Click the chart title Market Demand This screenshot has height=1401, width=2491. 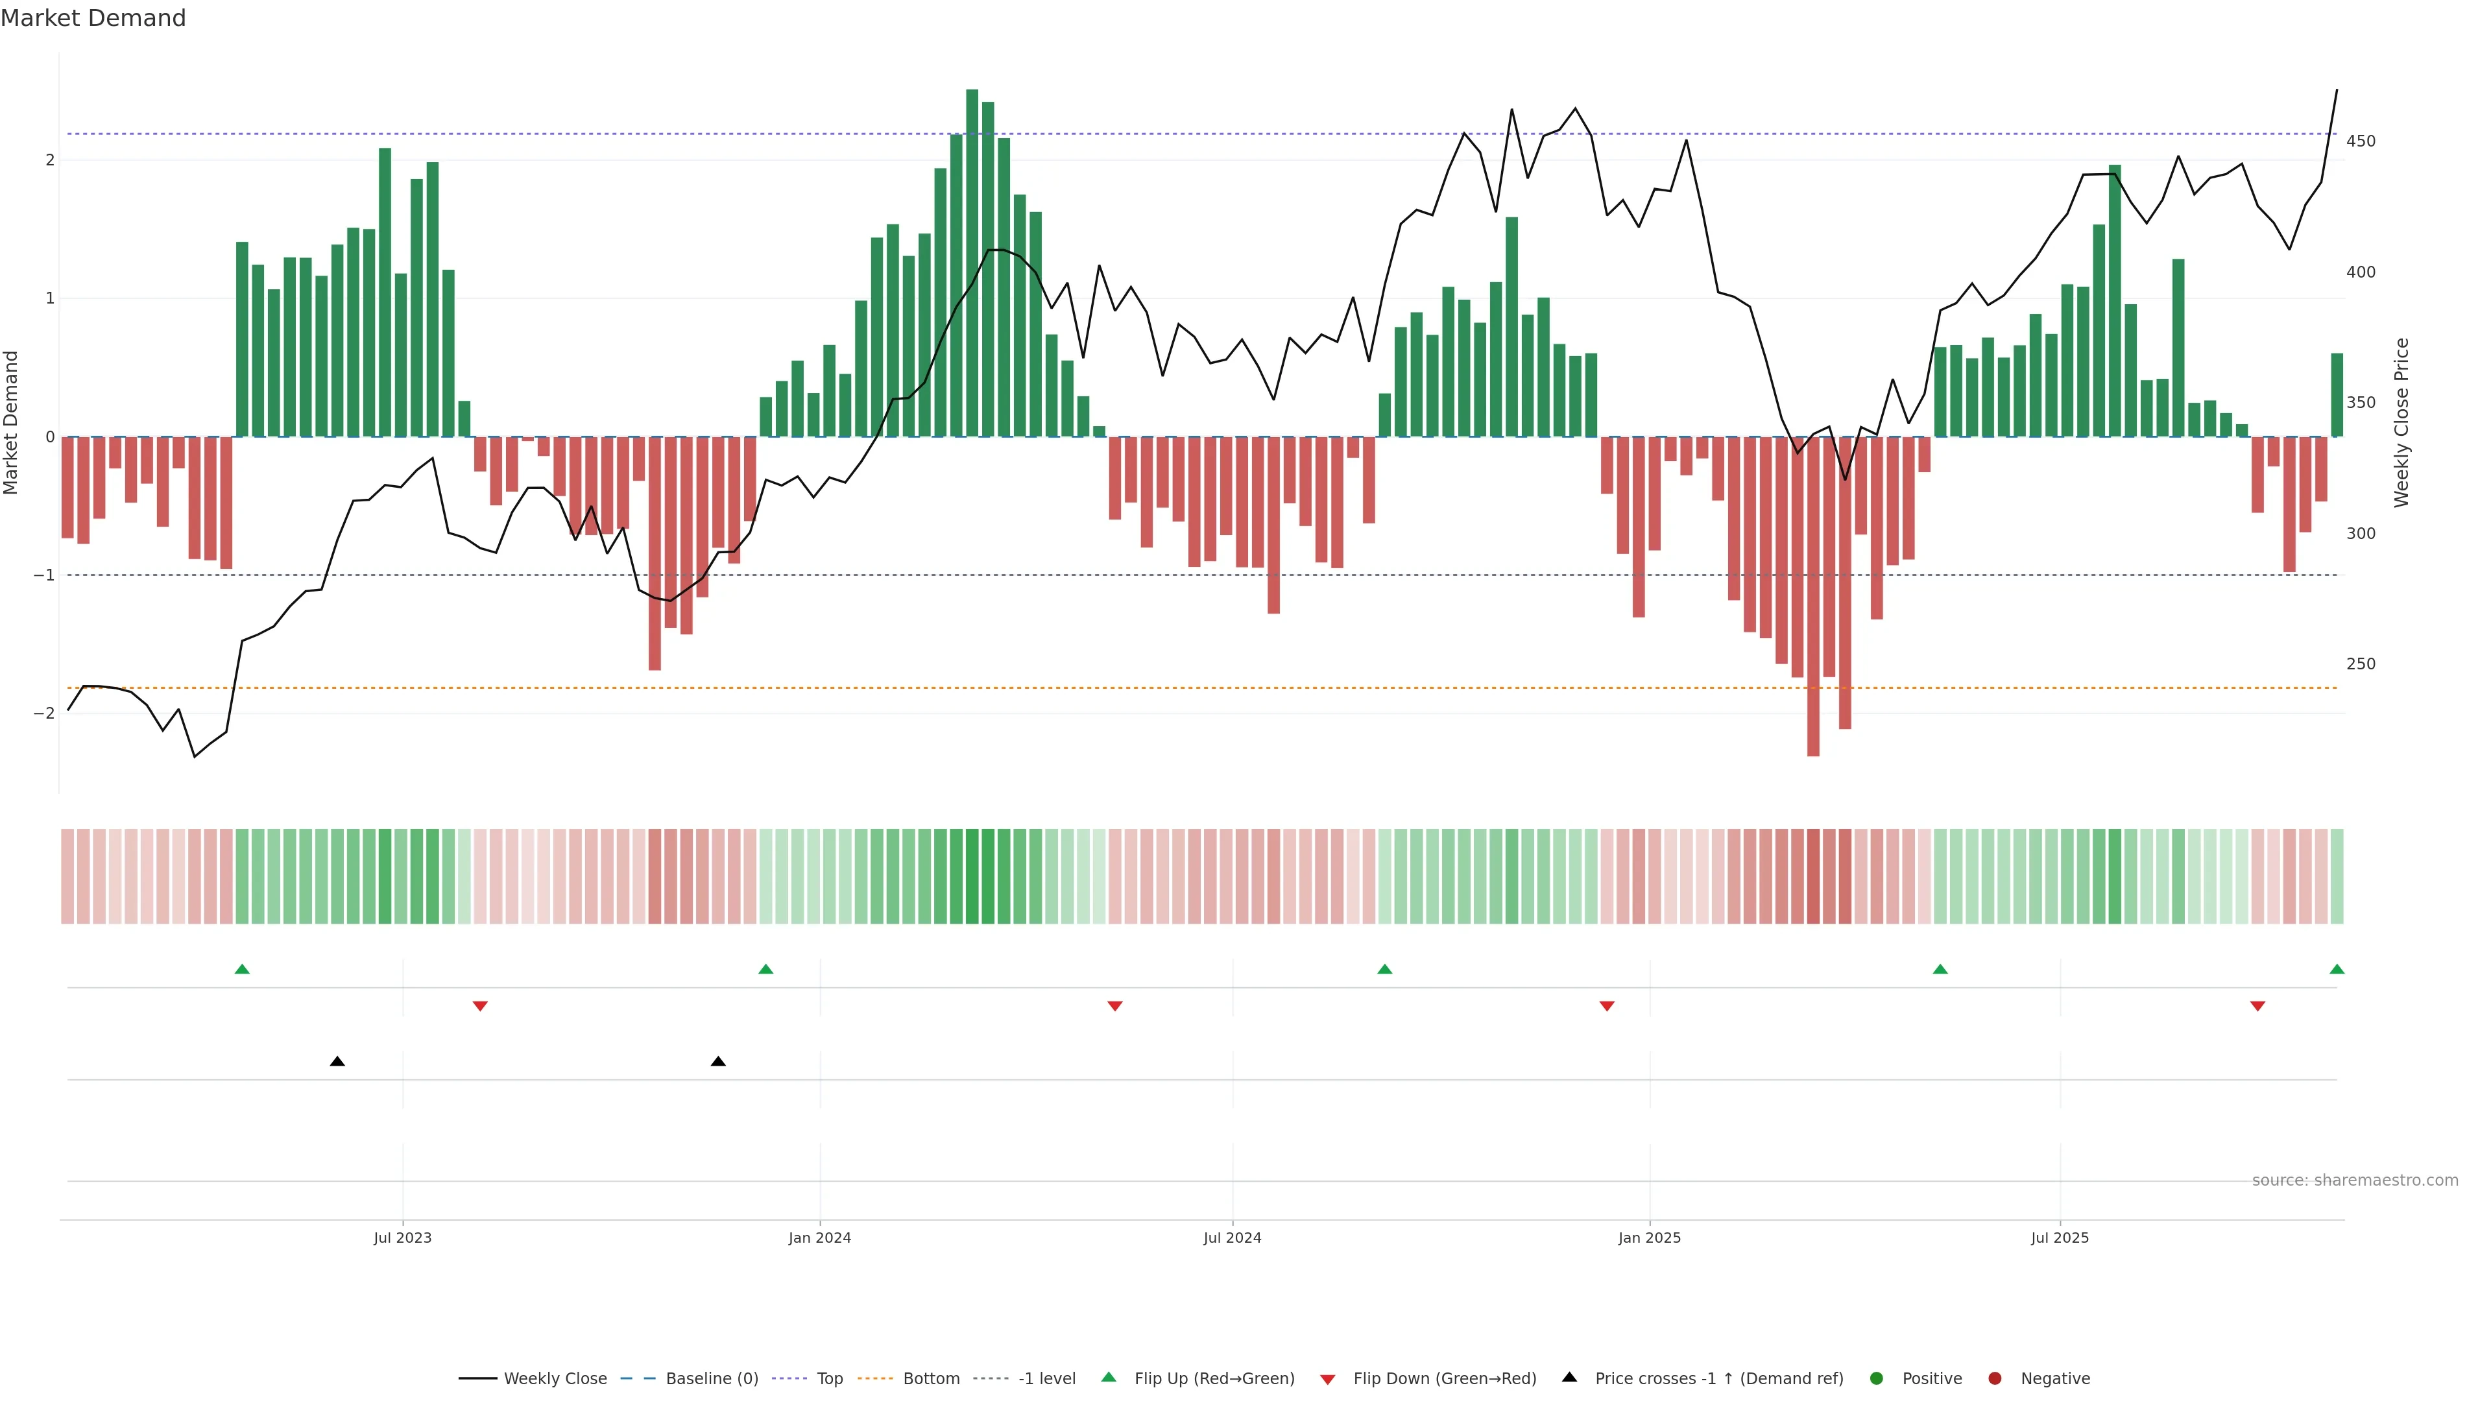(x=93, y=18)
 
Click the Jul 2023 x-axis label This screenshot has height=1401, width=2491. (x=402, y=1238)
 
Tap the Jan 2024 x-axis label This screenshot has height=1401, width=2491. (x=819, y=1238)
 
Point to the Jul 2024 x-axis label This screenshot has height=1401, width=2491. (x=1232, y=1238)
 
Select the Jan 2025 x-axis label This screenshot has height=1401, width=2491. (x=1649, y=1238)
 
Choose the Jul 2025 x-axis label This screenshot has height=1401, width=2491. (x=2060, y=1238)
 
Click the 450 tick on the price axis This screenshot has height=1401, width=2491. (x=2361, y=141)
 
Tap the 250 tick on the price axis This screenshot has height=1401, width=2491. (x=2361, y=664)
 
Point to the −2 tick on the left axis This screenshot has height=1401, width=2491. (x=45, y=713)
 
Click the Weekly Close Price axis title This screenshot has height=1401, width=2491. (x=2402, y=422)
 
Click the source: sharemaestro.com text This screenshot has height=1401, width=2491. (x=2355, y=1180)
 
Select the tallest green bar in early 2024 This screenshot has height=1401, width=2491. (x=972, y=261)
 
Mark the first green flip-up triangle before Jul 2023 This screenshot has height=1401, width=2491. (x=243, y=969)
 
